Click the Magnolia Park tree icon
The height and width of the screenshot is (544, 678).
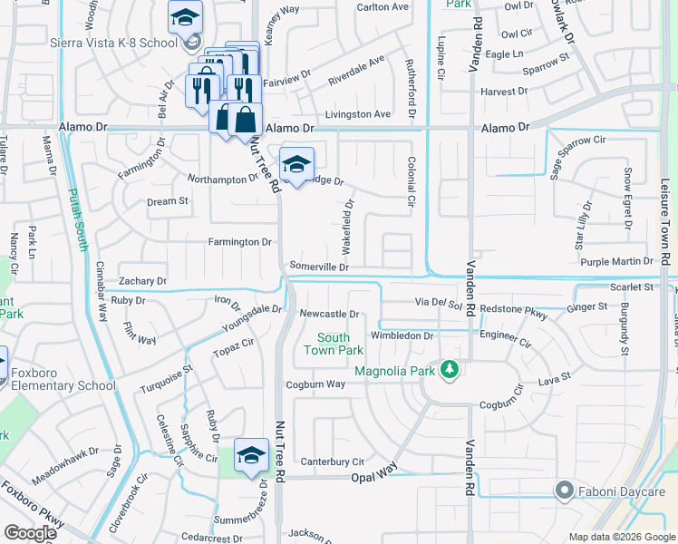click(x=448, y=370)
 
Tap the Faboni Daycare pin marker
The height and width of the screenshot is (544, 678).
click(x=564, y=491)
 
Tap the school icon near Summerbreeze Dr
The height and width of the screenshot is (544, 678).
click(x=251, y=455)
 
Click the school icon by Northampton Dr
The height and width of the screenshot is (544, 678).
click(x=296, y=164)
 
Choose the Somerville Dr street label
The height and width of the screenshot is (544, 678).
click(x=318, y=267)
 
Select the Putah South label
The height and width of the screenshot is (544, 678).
click(x=80, y=220)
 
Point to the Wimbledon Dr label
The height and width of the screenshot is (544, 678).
click(x=403, y=335)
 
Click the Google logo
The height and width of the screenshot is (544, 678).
click(x=30, y=532)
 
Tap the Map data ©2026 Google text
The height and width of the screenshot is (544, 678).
click(x=621, y=537)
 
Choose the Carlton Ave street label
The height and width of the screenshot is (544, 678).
click(x=383, y=6)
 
